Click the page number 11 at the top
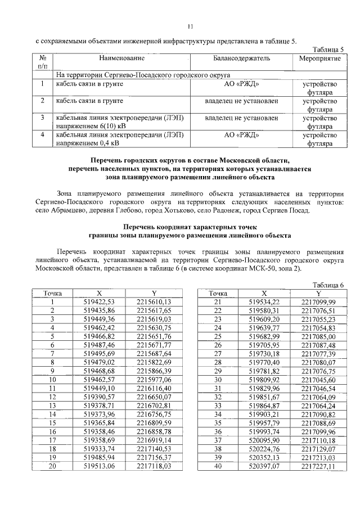pos(190,26)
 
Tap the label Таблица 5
pos(327,49)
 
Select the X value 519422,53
pos(98,301)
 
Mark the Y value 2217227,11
pos(318,466)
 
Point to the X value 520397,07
pos(264,466)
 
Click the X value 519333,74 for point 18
pos(98,449)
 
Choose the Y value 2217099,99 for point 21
pos(318,301)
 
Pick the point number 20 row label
pos(52,466)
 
